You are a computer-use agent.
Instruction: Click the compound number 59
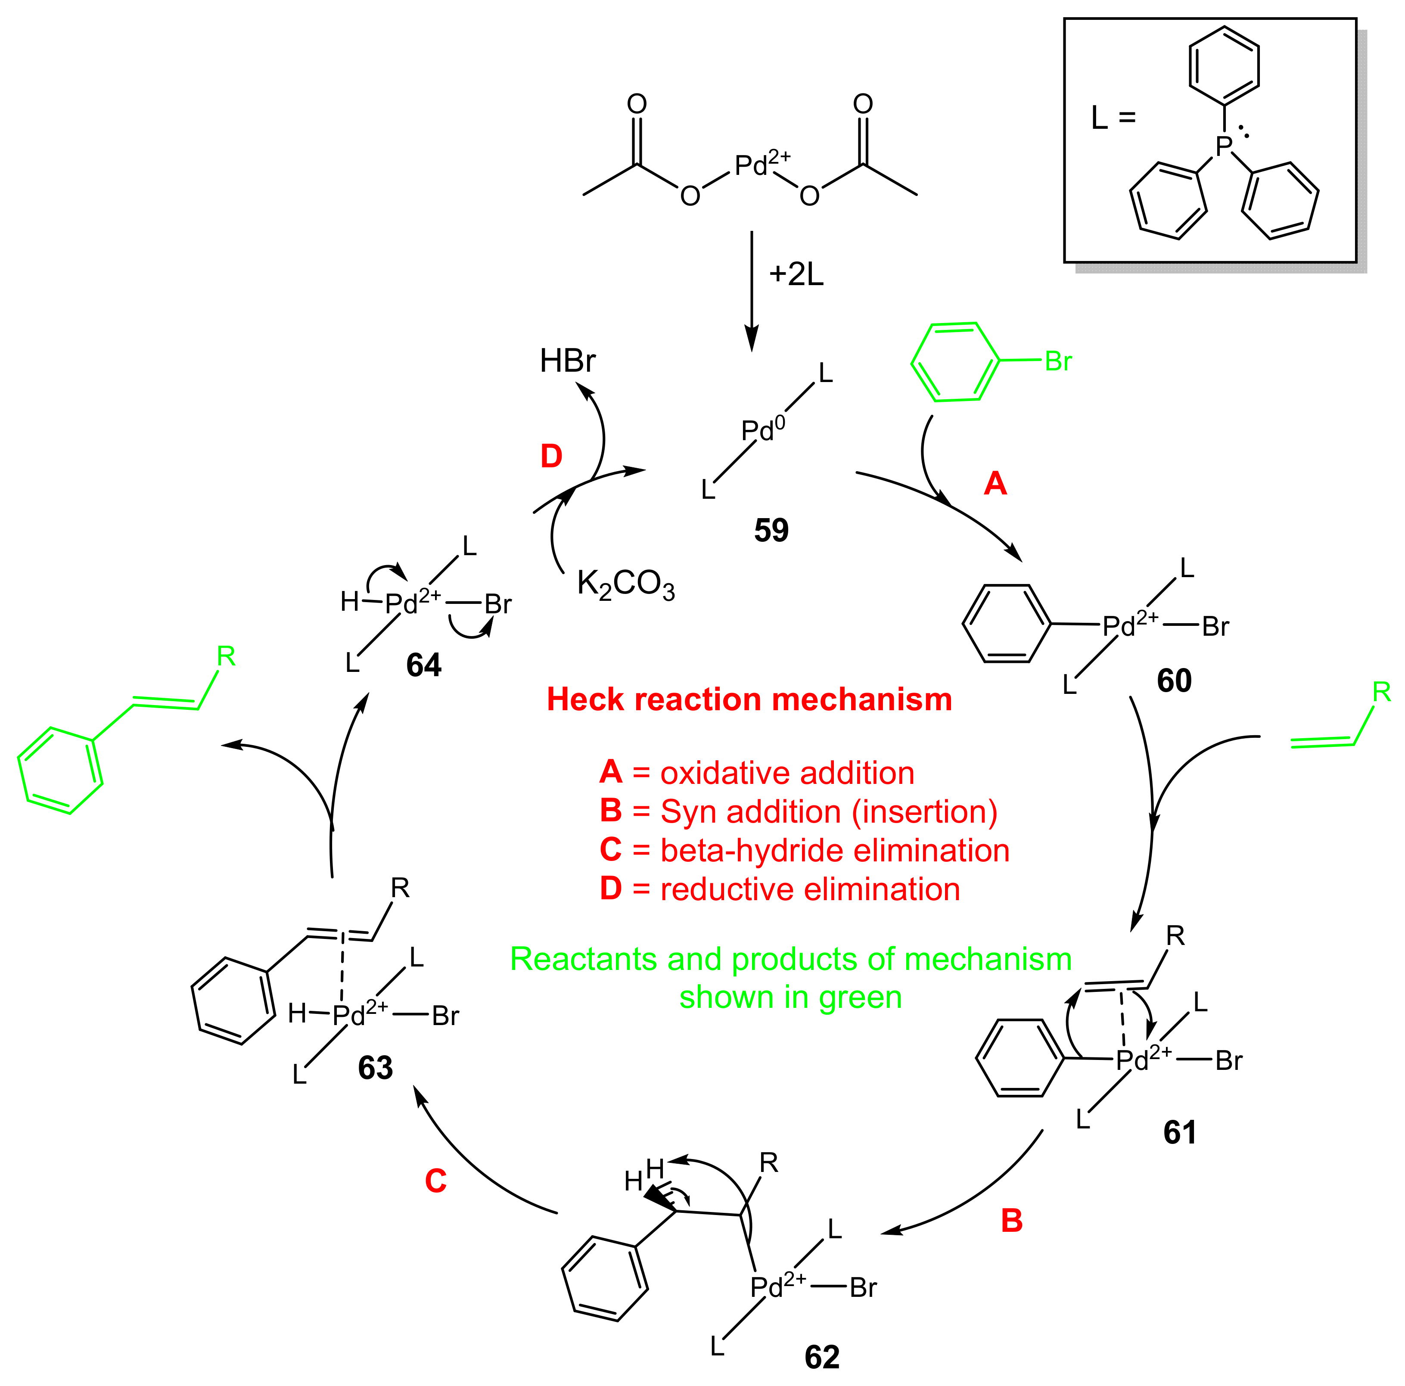coord(771,530)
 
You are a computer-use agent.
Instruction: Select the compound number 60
coord(1174,681)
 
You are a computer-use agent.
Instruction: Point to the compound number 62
coord(822,1357)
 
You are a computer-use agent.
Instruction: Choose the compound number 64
coord(423,665)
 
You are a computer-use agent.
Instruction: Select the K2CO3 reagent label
coord(625,584)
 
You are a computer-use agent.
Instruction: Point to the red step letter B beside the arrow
coord(1012,1220)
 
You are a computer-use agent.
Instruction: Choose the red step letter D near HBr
coord(551,457)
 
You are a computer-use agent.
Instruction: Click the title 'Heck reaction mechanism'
coord(749,699)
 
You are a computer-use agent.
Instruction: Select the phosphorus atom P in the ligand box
coord(1224,146)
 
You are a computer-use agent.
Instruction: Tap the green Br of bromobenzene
coord(1058,361)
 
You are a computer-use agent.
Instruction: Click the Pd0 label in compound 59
coord(762,430)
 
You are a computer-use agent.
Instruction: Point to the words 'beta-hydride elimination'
coord(835,851)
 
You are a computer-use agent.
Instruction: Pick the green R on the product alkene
coord(226,657)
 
